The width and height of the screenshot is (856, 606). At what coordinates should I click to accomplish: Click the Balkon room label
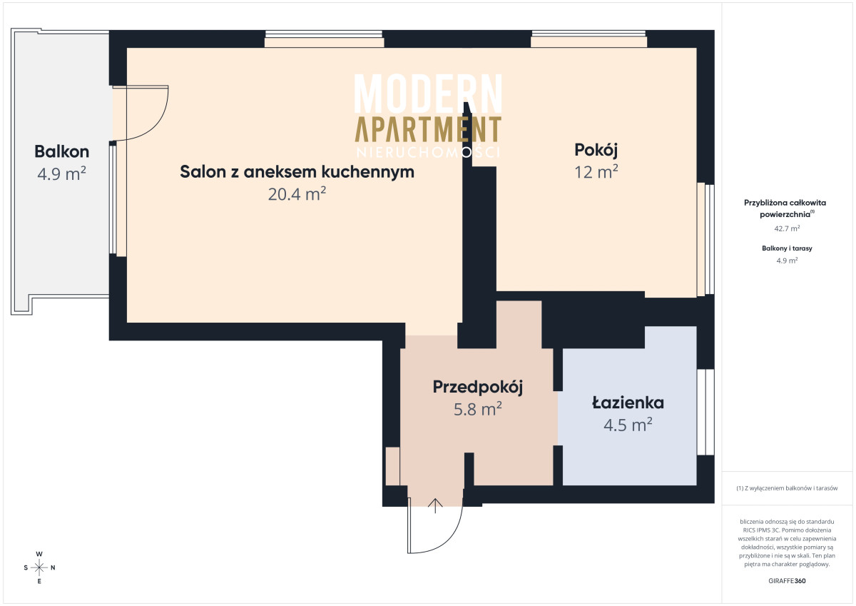(62, 152)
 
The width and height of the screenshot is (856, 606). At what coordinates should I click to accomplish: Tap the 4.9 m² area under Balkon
(61, 173)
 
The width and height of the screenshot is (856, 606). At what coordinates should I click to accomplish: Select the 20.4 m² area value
(297, 194)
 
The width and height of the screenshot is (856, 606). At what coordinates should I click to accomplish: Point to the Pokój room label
(596, 151)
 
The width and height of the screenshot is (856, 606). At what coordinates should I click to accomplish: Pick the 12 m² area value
(596, 172)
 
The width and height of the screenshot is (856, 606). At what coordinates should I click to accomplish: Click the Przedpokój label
(478, 388)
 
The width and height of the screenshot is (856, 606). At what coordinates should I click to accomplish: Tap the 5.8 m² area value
(478, 409)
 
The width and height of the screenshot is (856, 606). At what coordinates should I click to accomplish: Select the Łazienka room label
(628, 403)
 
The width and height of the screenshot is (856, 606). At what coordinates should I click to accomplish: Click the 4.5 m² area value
(628, 425)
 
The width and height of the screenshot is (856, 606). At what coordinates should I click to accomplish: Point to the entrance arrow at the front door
(435, 506)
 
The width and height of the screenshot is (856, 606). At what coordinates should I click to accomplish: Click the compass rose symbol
(39, 567)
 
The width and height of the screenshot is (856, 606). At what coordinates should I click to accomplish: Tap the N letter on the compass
(53, 567)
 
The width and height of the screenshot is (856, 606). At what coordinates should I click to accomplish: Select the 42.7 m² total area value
(787, 228)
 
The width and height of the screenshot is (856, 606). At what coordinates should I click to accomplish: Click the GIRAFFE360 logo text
(787, 581)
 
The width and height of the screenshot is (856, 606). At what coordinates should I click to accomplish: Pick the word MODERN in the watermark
(428, 94)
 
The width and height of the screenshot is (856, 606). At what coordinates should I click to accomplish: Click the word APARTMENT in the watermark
(428, 129)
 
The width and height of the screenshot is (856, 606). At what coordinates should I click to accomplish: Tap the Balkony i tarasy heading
(787, 248)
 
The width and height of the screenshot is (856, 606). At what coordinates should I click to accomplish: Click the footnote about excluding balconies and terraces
(787, 488)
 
